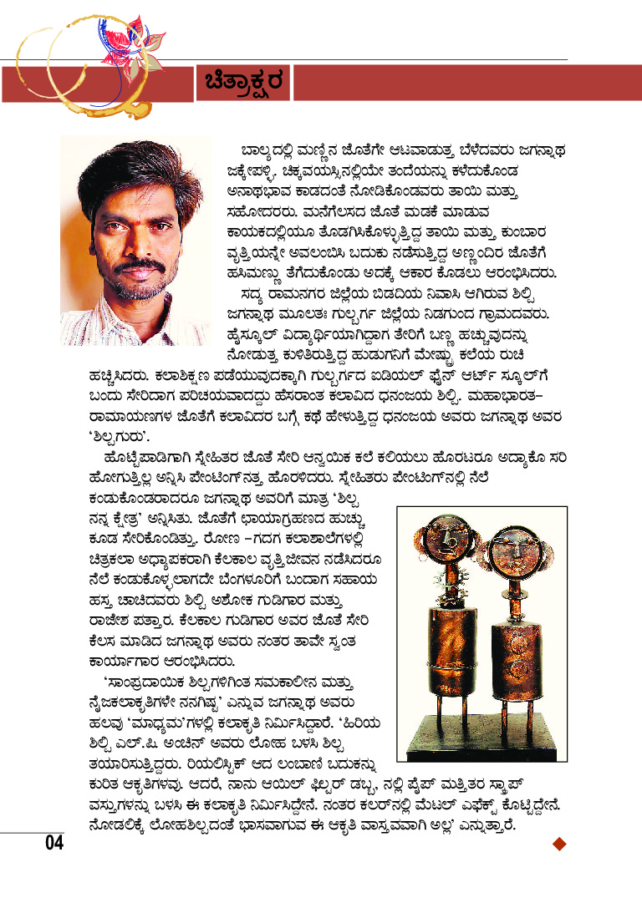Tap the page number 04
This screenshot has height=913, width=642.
pyautogui.click(x=54, y=843)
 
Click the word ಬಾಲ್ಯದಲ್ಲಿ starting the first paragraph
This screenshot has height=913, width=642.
pyautogui.click(x=270, y=150)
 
